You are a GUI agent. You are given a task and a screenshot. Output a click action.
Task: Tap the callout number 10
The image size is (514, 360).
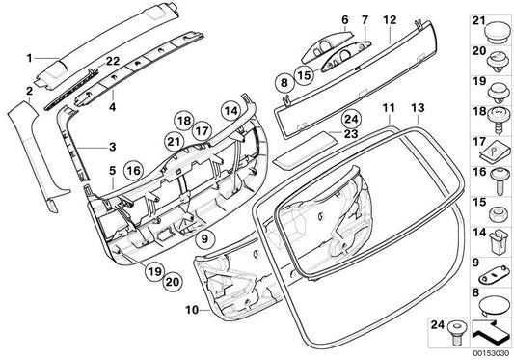[x=190, y=310]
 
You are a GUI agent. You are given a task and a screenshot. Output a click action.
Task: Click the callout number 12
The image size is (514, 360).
[x=390, y=18]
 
